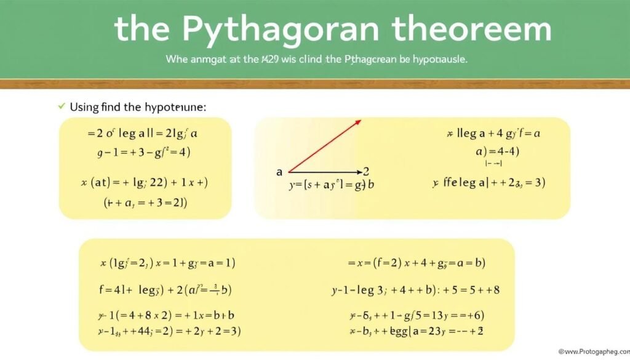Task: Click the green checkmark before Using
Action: tap(61, 106)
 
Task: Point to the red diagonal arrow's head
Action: tap(357, 122)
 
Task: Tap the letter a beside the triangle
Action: tap(279, 173)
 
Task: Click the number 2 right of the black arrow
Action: tap(367, 172)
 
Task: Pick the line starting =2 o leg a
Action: tap(143, 133)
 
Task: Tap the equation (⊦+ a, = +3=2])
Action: tap(145, 202)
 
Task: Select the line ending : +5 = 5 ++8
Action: tap(415, 290)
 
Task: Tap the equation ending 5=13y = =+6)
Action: tap(417, 316)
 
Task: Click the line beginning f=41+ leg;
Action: tap(165, 289)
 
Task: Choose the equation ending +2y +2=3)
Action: tap(170, 331)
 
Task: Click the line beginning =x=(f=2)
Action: tap(417, 263)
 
